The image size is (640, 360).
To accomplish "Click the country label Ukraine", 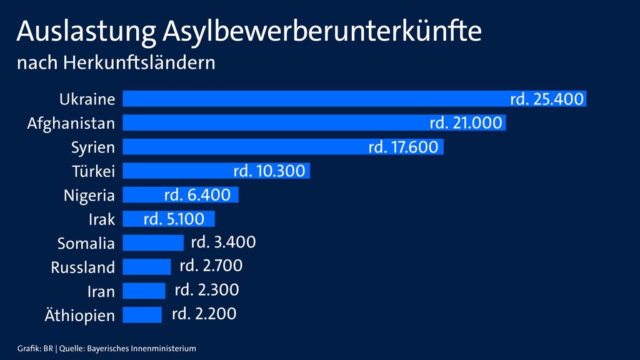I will (x=87, y=99).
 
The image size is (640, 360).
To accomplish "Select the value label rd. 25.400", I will (x=546, y=99).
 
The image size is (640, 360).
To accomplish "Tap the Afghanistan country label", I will (x=71, y=123).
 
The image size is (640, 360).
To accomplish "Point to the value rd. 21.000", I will (x=466, y=123).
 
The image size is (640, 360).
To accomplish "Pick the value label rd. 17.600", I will (x=404, y=147).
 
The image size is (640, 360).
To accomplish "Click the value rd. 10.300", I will (x=269, y=171).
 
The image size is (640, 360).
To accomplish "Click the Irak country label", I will (x=102, y=219).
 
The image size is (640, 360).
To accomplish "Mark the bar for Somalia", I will (x=153, y=242).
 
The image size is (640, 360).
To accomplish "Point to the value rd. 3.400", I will (x=223, y=242).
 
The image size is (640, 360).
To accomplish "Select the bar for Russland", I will (x=146, y=267).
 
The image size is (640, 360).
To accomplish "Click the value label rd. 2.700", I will (x=211, y=266).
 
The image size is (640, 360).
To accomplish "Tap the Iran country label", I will (x=101, y=291).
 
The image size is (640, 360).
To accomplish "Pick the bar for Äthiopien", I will (x=142, y=315).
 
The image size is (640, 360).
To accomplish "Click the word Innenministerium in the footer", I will (x=169, y=347).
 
